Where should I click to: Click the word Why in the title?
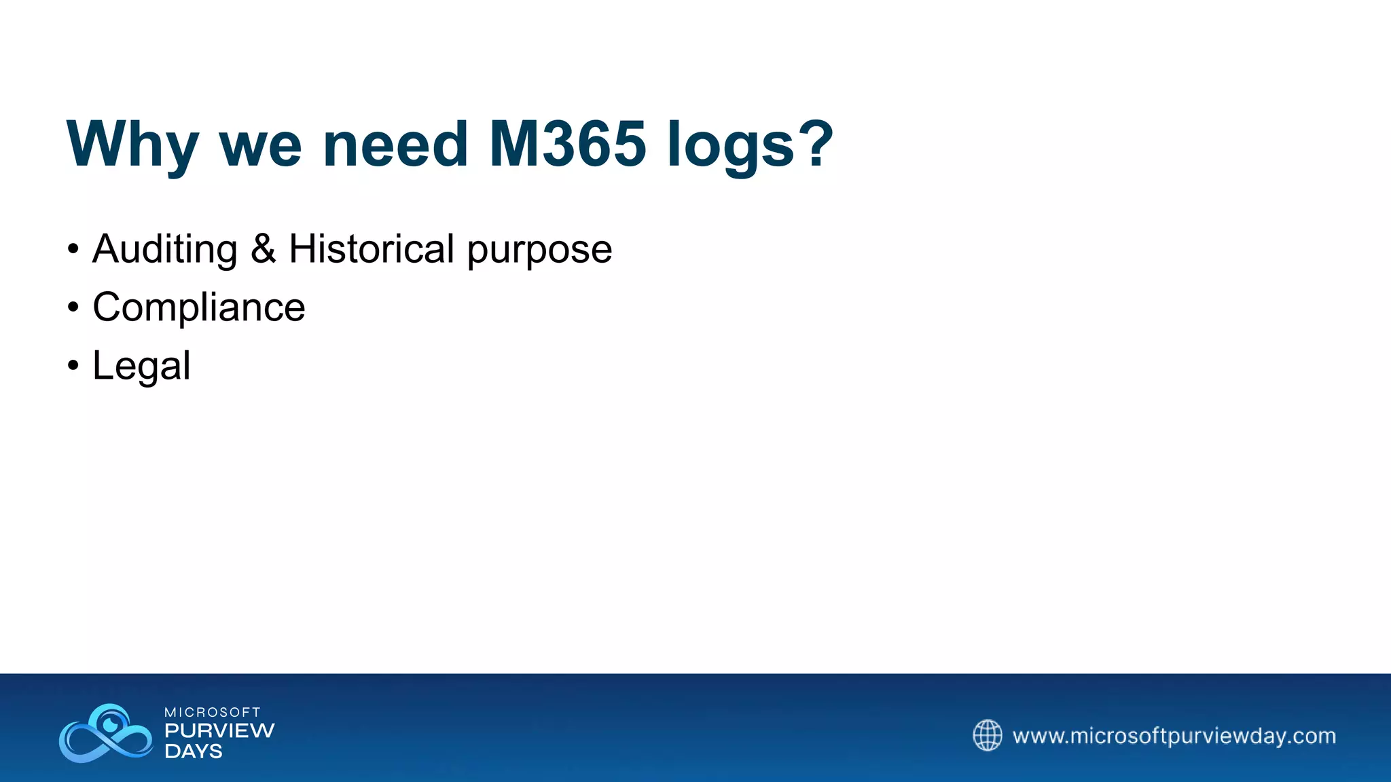132,144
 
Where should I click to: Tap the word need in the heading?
395,144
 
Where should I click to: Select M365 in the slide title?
567,144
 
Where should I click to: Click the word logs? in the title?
750,144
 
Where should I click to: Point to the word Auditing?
164,248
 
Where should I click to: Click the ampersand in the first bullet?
263,248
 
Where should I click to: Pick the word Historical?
372,248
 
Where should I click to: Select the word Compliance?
198,307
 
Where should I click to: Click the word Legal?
141,367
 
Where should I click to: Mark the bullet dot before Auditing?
73,249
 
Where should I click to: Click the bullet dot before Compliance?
73,308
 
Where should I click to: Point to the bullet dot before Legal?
73,366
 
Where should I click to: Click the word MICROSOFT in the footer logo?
213,712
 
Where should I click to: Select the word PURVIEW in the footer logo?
219,730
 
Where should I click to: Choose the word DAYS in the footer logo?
194,751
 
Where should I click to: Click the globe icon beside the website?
987,735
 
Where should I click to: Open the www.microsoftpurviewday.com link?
1174,736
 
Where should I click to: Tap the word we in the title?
260,144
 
